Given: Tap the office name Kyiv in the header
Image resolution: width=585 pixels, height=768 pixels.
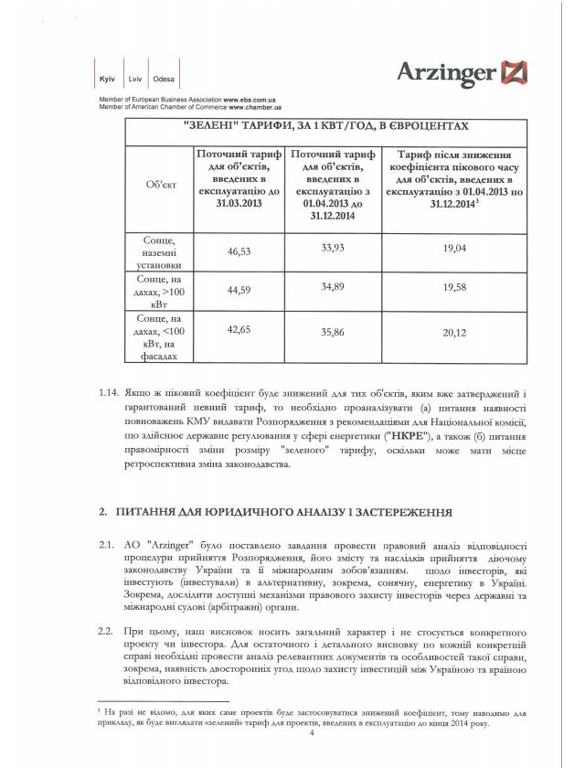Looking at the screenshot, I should (106, 80).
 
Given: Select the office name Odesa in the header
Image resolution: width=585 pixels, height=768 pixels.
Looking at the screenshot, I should (165, 80).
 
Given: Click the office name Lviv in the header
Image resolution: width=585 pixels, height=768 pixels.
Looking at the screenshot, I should (134, 80).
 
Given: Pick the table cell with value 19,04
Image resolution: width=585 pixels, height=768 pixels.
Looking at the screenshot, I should (454, 248).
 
